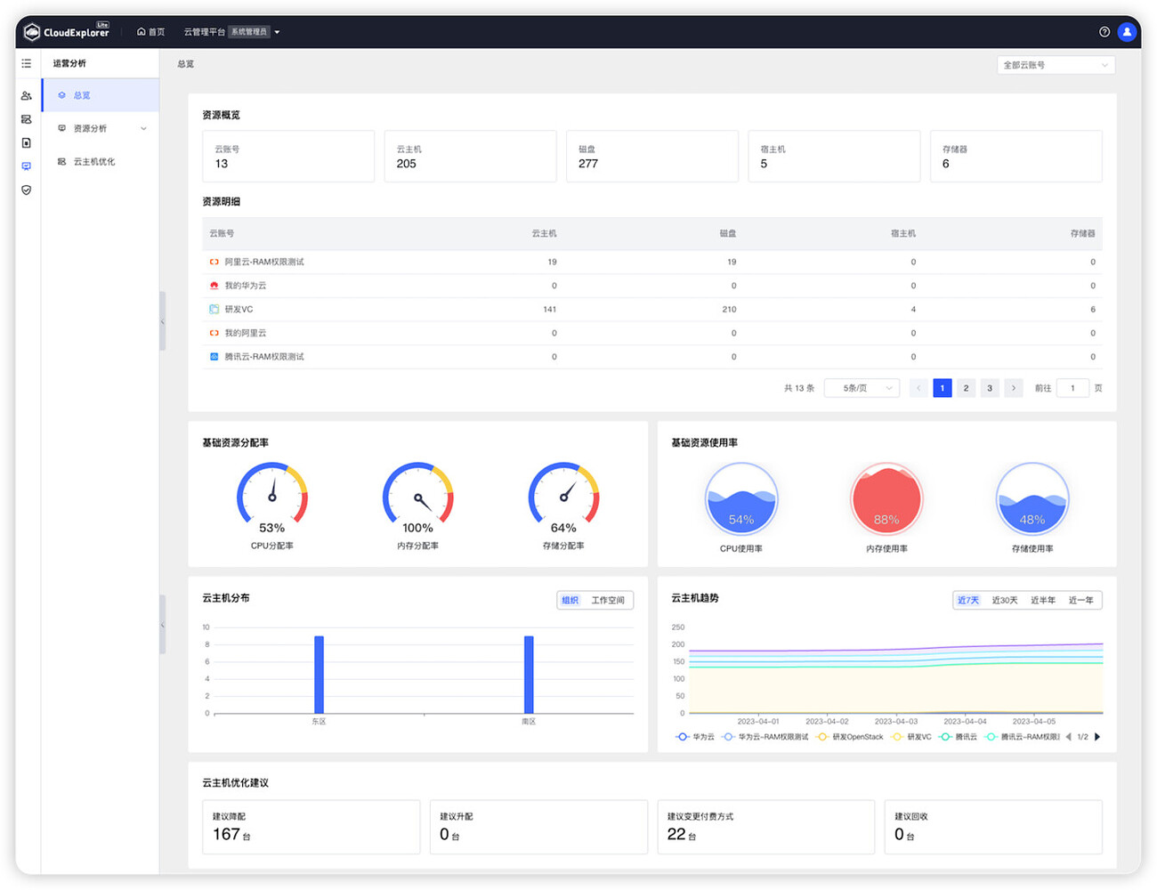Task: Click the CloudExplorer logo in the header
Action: [67, 32]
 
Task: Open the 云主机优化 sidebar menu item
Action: [93, 162]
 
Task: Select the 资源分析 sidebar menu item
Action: [90, 129]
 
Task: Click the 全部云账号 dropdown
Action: [1056, 65]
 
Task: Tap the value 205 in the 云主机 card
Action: [407, 164]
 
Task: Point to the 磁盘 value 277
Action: [588, 164]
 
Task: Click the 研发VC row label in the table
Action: [239, 310]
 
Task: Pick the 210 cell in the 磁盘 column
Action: [729, 310]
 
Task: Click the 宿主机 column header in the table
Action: [902, 234]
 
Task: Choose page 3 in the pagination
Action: [990, 388]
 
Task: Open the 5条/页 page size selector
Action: [862, 388]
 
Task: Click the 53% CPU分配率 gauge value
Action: [271, 528]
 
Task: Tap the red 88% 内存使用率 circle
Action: [886, 499]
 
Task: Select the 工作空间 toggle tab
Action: [608, 601]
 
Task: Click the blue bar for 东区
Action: [319, 674]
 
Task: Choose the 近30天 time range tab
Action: [1005, 601]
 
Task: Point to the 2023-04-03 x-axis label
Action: [895, 722]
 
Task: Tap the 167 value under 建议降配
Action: [226, 834]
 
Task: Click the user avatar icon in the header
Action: [1127, 32]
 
